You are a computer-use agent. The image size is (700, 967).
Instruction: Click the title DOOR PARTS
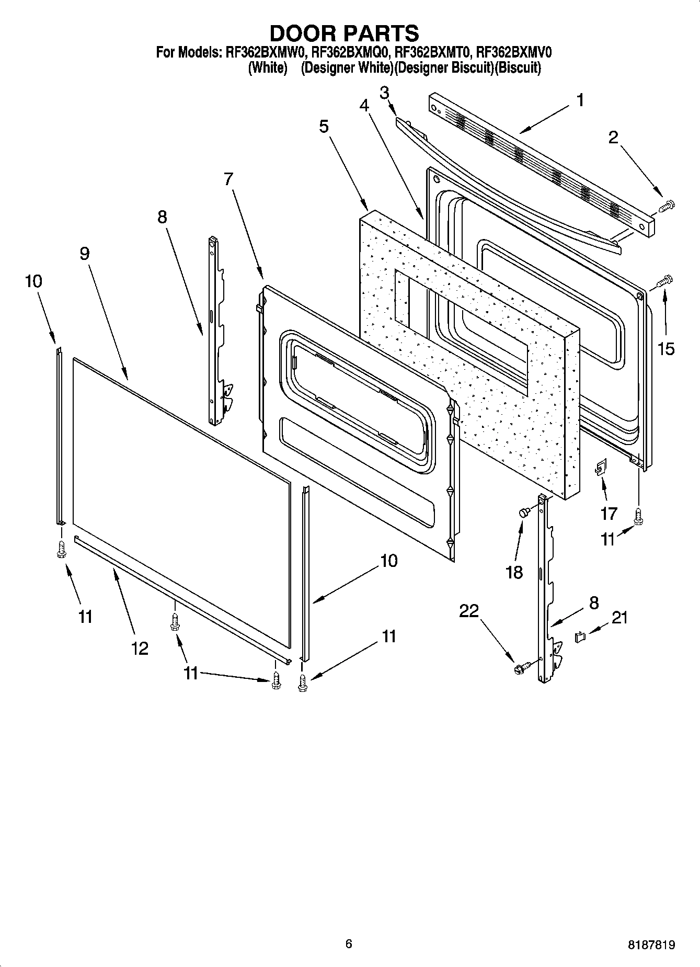click(x=344, y=33)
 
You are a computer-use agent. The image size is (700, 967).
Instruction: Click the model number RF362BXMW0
click(x=265, y=52)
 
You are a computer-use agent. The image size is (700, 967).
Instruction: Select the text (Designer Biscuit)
click(x=444, y=68)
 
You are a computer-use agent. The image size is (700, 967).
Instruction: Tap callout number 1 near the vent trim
click(x=580, y=100)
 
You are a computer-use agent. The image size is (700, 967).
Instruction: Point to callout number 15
click(x=665, y=349)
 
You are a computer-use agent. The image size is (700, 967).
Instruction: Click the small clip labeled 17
click(x=600, y=467)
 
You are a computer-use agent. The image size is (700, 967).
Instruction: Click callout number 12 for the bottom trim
click(x=140, y=649)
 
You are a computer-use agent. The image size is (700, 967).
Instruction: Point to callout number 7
click(x=228, y=179)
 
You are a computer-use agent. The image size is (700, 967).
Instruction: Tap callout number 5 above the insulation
click(x=324, y=126)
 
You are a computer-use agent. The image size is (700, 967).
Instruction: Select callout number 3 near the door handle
click(x=384, y=93)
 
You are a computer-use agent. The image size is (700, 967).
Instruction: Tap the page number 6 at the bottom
click(x=349, y=943)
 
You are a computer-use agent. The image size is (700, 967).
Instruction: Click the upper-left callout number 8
click(x=162, y=217)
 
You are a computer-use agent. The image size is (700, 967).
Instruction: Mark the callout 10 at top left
click(x=33, y=281)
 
